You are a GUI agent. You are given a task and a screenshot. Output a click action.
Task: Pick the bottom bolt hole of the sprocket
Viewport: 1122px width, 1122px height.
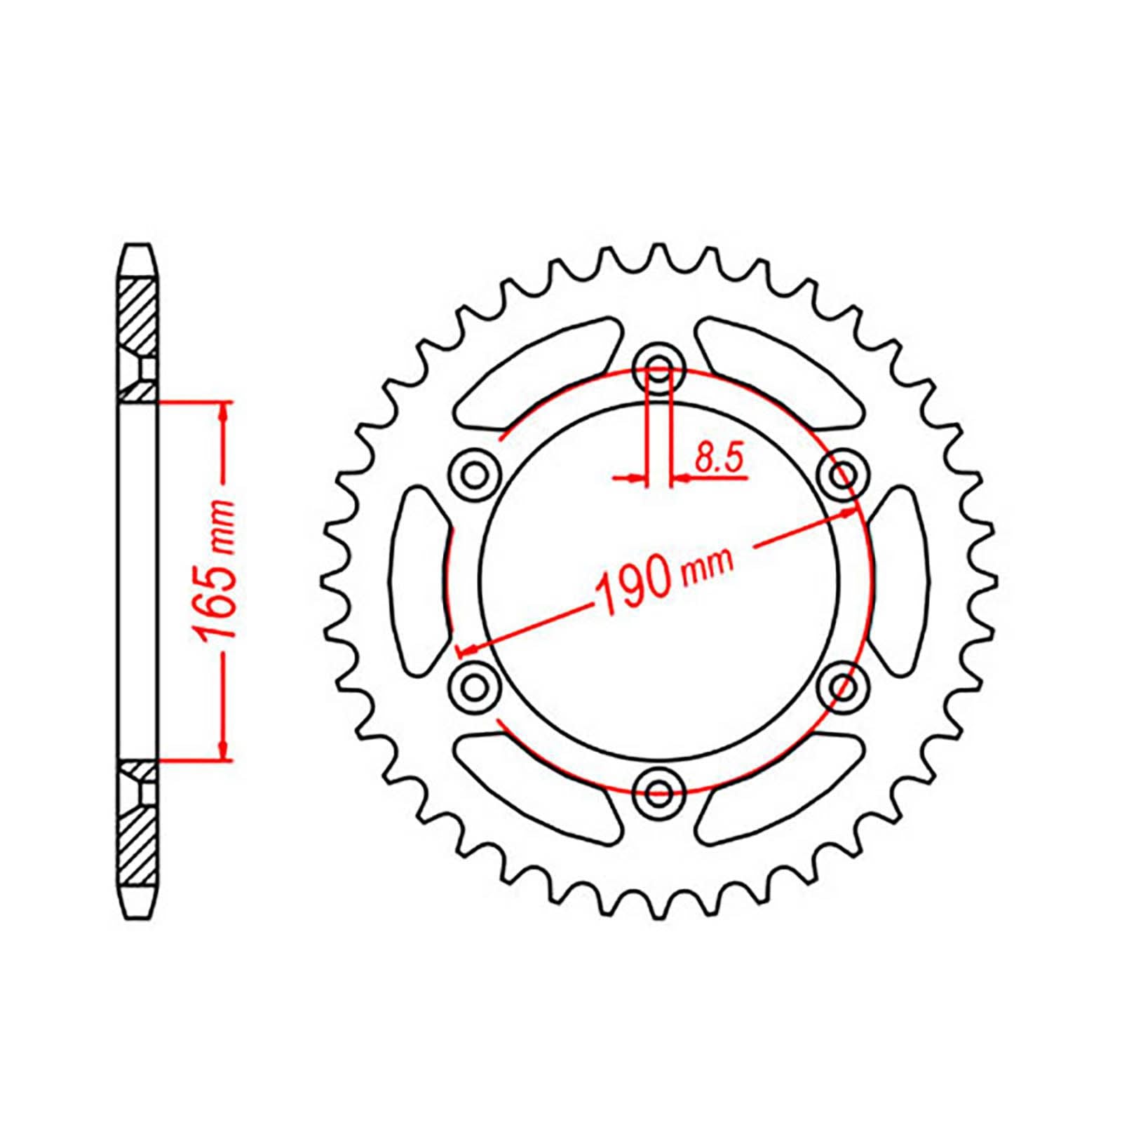click(x=658, y=793)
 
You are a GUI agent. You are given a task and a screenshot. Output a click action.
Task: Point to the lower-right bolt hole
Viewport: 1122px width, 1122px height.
click(x=842, y=685)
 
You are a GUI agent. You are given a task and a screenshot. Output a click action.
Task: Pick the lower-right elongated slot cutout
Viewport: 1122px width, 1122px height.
click(x=778, y=790)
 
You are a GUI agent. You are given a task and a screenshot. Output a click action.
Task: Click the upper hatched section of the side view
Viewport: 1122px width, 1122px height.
click(x=136, y=316)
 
